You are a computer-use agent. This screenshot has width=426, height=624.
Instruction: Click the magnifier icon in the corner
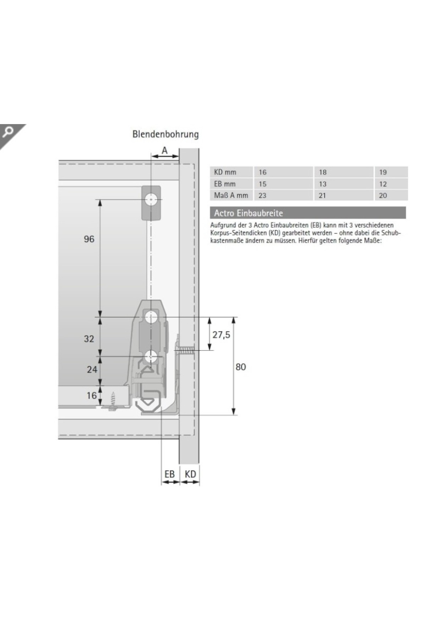[7, 132]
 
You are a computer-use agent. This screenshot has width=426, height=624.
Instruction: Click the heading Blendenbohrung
[165, 134]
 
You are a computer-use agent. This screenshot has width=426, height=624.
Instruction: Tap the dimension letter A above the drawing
[165, 150]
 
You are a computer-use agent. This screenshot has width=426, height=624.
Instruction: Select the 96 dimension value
[89, 239]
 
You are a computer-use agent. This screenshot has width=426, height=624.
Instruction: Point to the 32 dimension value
[89, 339]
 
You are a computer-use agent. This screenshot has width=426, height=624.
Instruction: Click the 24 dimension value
[92, 369]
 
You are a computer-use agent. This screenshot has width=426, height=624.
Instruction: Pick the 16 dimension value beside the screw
[92, 395]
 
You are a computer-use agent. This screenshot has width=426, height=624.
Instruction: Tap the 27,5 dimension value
[221, 335]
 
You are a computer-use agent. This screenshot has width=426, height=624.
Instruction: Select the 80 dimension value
[241, 367]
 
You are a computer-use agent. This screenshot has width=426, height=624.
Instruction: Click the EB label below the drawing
[170, 474]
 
